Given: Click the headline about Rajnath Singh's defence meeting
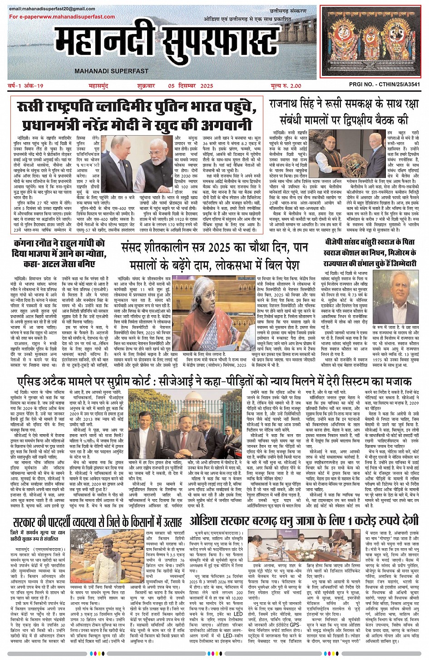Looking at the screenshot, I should [344, 112].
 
